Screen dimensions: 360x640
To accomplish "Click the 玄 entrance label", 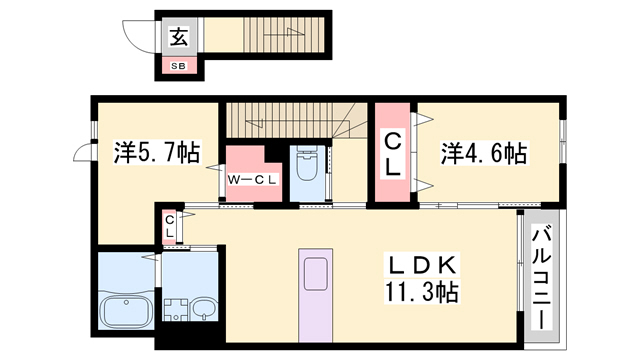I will point(178,39).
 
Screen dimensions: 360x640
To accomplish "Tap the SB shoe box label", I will point(178,67).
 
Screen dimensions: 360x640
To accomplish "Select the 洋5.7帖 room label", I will point(156,153).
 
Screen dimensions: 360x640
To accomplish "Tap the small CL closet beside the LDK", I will point(170,226).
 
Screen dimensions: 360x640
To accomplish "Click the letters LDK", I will point(419,265).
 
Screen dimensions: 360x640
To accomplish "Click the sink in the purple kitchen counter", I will point(316,271).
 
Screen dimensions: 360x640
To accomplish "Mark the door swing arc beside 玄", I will point(139,35).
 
